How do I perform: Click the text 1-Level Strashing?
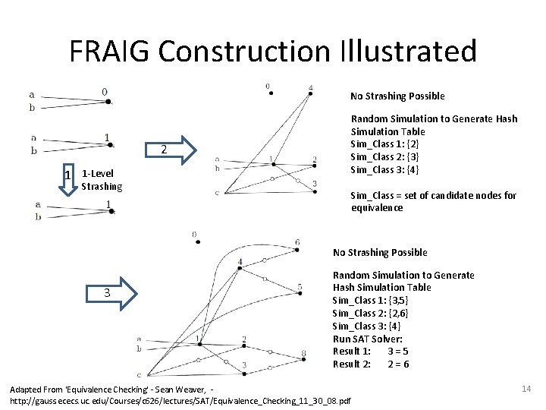[x=101, y=180]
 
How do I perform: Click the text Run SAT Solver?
[x=367, y=339]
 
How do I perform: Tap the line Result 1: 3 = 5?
[x=371, y=351]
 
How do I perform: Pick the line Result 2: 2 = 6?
[x=371, y=364]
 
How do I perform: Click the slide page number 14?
[x=526, y=389]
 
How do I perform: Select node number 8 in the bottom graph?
[x=303, y=354]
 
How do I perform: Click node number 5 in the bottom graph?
[x=300, y=288]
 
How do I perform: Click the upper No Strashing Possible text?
[x=397, y=96]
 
